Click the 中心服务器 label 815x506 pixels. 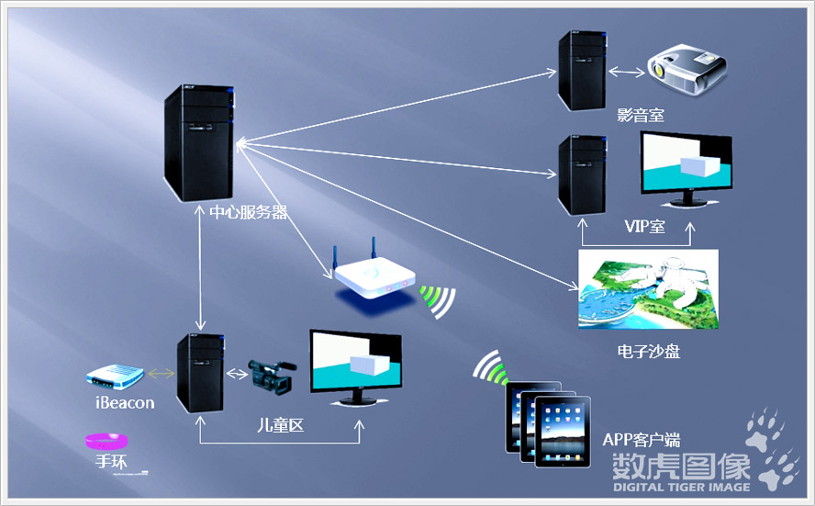249,212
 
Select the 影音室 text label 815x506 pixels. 641,115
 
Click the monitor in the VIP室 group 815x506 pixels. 687,170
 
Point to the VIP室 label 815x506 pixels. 644,226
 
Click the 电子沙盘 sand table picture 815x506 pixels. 649,289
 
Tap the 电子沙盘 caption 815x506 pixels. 649,352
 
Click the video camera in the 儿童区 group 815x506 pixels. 272,377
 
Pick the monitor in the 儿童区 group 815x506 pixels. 356,367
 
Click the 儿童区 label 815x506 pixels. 281,425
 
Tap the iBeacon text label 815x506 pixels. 125,403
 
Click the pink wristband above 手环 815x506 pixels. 106,442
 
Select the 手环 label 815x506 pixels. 111,461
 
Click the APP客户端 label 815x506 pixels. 642,440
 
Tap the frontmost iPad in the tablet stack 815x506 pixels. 563,433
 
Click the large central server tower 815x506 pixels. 199,143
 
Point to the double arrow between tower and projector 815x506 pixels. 626,72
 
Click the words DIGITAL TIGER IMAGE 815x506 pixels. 682,488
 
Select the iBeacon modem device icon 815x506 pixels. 115,377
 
